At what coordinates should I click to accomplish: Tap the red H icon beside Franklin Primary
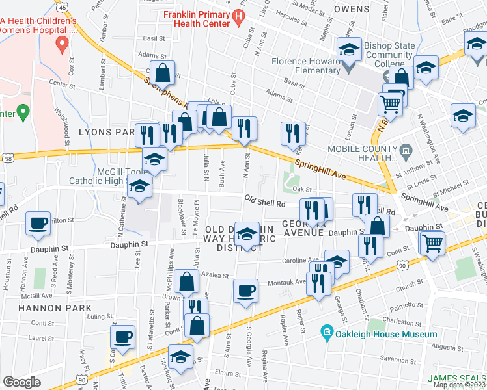pos(240,15)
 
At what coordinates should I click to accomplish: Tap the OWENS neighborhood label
pos(352,9)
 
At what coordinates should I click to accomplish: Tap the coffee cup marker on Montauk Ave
pos(245,291)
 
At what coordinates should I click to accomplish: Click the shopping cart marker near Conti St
pos(432,243)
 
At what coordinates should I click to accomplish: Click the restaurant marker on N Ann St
pos(244,128)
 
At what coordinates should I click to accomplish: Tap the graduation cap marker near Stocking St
pos(180,357)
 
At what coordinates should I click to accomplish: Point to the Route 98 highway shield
pos(7,158)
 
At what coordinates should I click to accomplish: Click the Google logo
pos(21,382)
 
